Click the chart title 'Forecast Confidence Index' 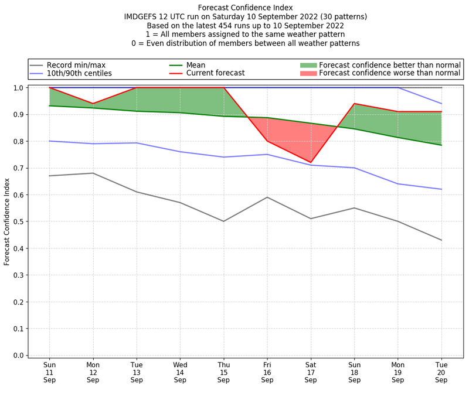[x=246, y=8]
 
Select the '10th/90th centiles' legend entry [x=79, y=73]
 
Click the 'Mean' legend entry [x=195, y=65]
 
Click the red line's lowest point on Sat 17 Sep [x=311, y=162]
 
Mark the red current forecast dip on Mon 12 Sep [x=93, y=104]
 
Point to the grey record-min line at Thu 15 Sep [x=223, y=221]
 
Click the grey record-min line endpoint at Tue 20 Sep [x=441, y=240]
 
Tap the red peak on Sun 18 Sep [x=354, y=104]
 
